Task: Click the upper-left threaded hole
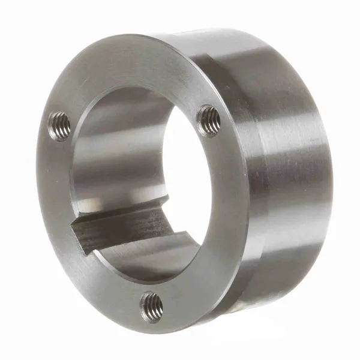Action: pos(59,126)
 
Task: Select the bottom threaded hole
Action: pos(151,307)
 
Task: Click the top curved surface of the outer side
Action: pos(240,45)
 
